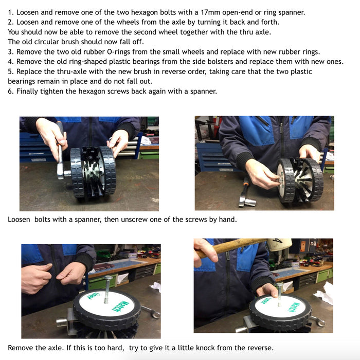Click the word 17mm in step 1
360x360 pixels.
click(x=210, y=12)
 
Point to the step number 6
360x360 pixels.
click(x=11, y=91)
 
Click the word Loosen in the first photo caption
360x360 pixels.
click(x=19, y=220)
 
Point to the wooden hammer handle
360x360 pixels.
click(x=232, y=247)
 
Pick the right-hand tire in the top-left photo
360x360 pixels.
click(x=107, y=170)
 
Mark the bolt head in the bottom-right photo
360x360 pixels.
click(x=279, y=285)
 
